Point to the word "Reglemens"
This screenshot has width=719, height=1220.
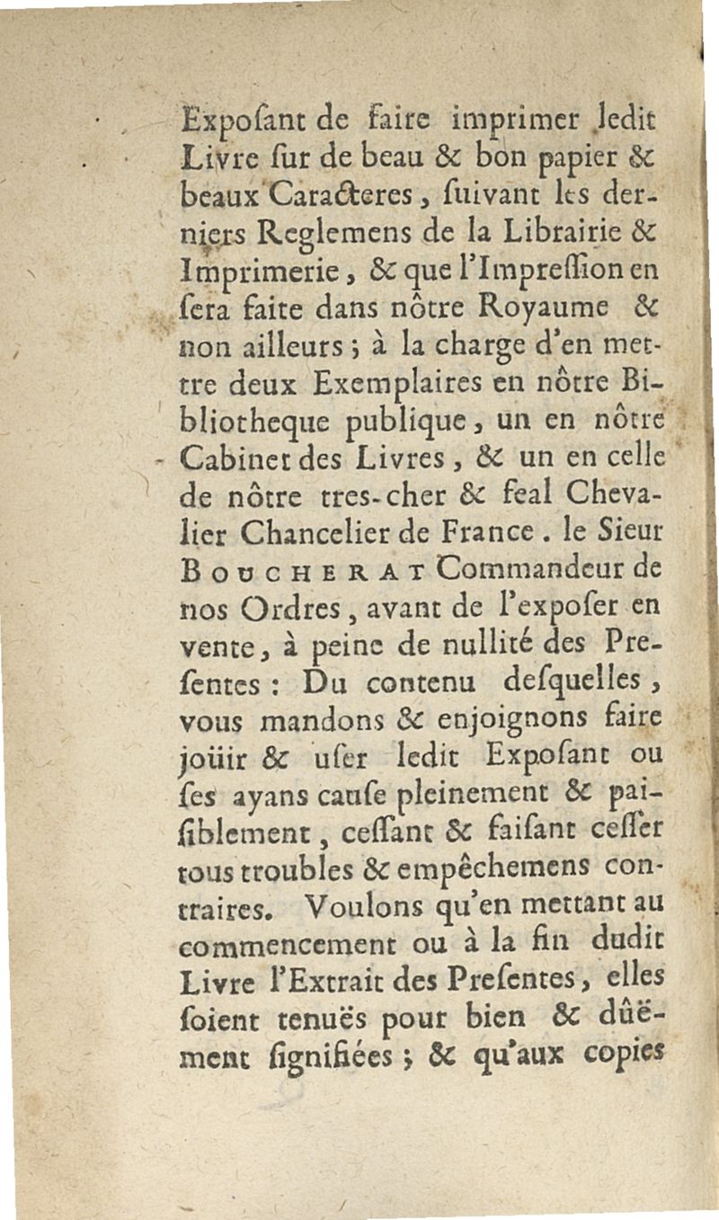(307, 230)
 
